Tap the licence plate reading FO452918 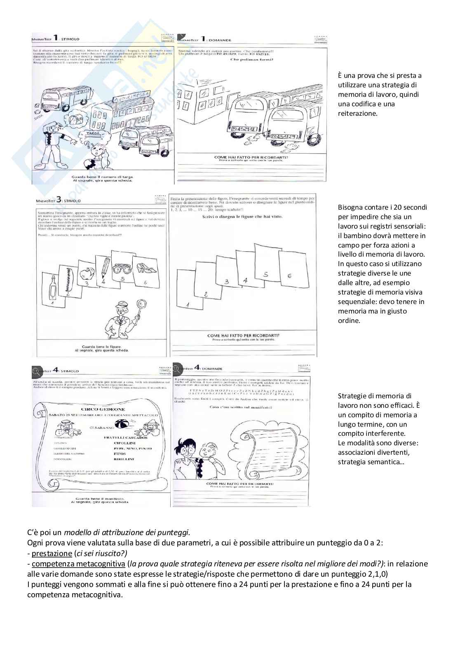(242, 129)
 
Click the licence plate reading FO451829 (285, 136)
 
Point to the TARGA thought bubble (94, 134)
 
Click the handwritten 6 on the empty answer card (289, 276)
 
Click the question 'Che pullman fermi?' (251, 59)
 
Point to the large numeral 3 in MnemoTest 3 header (59, 199)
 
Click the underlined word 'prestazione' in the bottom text (52, 554)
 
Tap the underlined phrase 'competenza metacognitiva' (78, 563)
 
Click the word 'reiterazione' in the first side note (357, 113)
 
